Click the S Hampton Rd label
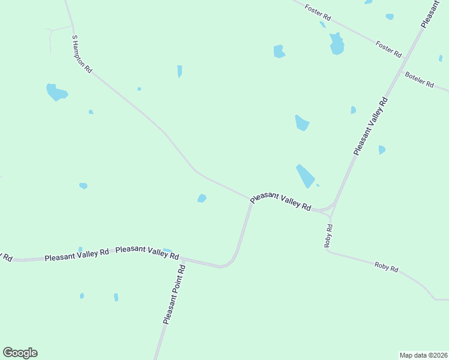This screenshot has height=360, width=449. [x=82, y=54]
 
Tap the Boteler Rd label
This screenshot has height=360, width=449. [x=419, y=80]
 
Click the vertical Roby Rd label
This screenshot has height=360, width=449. [x=328, y=235]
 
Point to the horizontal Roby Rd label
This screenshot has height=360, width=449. [x=386, y=267]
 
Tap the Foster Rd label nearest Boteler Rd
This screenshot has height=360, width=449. [x=388, y=49]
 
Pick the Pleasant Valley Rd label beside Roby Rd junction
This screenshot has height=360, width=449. [x=280, y=201]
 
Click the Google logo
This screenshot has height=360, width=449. [x=20, y=353]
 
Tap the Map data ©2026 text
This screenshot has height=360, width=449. [x=423, y=355]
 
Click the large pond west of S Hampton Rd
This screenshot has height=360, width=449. [x=56, y=92]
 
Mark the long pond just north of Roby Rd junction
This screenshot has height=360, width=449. [x=306, y=175]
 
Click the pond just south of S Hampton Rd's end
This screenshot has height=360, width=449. [x=202, y=198]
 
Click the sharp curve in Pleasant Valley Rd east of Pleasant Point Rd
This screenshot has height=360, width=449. [x=228, y=264]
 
